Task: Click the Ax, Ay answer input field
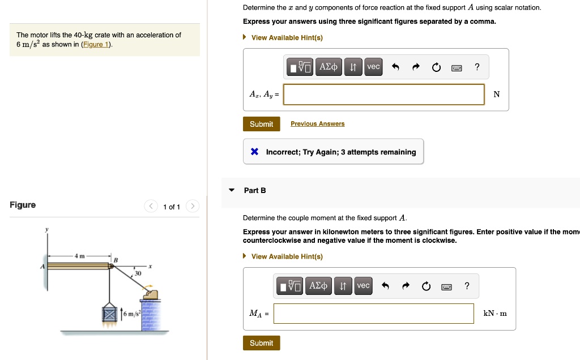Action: click(x=383, y=95)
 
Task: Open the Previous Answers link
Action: click(x=317, y=123)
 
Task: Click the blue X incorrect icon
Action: click(x=254, y=152)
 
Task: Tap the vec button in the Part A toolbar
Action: click(x=373, y=67)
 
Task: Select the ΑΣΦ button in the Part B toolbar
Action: click(x=318, y=286)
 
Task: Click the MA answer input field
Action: click(x=374, y=314)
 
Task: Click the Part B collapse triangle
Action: click(x=232, y=190)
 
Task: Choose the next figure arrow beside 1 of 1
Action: click(x=193, y=206)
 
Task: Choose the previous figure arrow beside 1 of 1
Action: click(x=151, y=206)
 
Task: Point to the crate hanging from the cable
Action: click(x=109, y=314)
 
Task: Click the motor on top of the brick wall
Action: click(x=151, y=294)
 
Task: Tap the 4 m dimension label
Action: click(x=79, y=256)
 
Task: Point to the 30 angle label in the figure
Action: click(x=138, y=273)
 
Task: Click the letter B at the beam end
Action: click(x=116, y=260)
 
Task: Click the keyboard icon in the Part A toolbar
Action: click(x=457, y=67)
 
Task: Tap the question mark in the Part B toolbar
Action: click(x=467, y=286)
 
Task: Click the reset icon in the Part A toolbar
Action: click(x=436, y=67)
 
